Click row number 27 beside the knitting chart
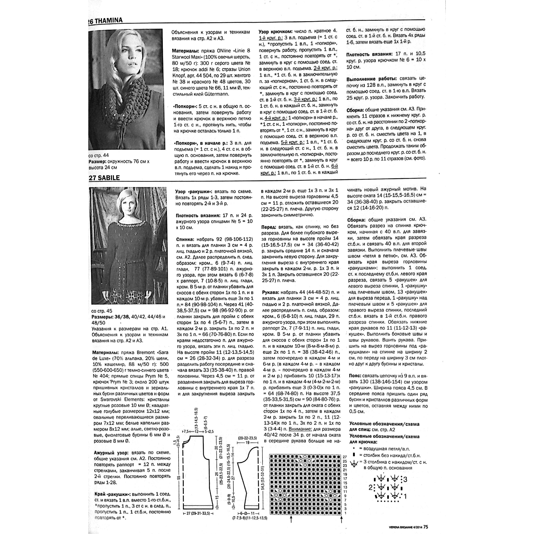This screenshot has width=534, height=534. [x=345, y=457]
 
